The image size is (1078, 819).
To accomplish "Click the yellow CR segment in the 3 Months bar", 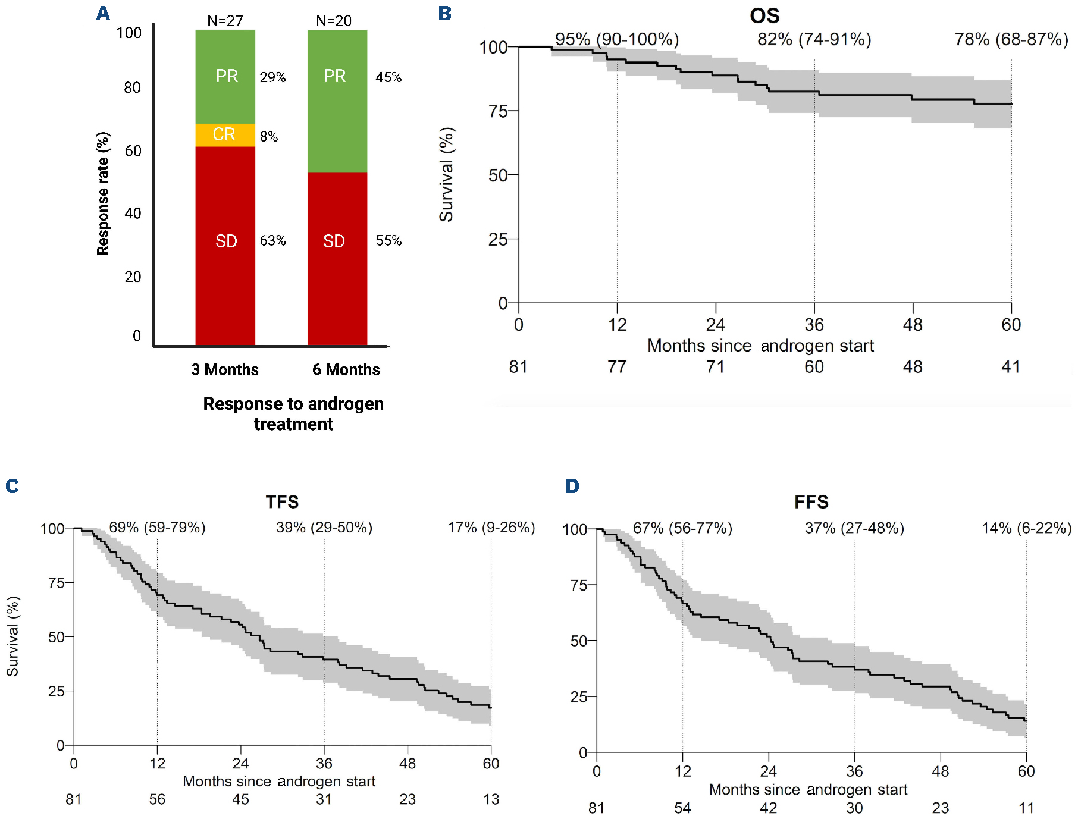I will point(225,135).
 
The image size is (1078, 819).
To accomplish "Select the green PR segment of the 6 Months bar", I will point(337,101).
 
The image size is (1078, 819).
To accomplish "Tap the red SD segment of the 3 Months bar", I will point(225,244).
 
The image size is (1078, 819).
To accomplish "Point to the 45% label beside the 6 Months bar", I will point(388,77).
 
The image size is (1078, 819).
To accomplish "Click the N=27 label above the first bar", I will point(225,21).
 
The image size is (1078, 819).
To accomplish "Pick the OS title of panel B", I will point(764,15).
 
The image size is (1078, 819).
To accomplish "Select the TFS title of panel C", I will point(282,502).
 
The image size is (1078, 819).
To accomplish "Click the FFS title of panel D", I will point(811,502).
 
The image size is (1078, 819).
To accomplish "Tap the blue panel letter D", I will point(572,486).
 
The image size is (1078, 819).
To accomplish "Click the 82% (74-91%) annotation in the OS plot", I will point(814,40).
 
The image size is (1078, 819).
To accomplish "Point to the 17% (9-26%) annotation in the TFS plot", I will point(491,528).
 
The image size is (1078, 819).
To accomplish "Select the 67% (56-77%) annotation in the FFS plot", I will point(682,528).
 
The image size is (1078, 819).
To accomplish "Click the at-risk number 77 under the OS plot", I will point(617,366).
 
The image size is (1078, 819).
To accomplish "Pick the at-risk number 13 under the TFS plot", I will point(491,799).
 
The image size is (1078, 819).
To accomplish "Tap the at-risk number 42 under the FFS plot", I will point(768,808).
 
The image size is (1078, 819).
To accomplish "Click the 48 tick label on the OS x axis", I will point(913,325).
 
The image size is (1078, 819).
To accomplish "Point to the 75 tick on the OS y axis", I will point(498,111).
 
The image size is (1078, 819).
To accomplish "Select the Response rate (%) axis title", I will point(103,193).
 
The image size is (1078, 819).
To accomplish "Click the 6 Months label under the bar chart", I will point(346,369).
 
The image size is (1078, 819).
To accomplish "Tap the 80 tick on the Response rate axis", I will point(132,88).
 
